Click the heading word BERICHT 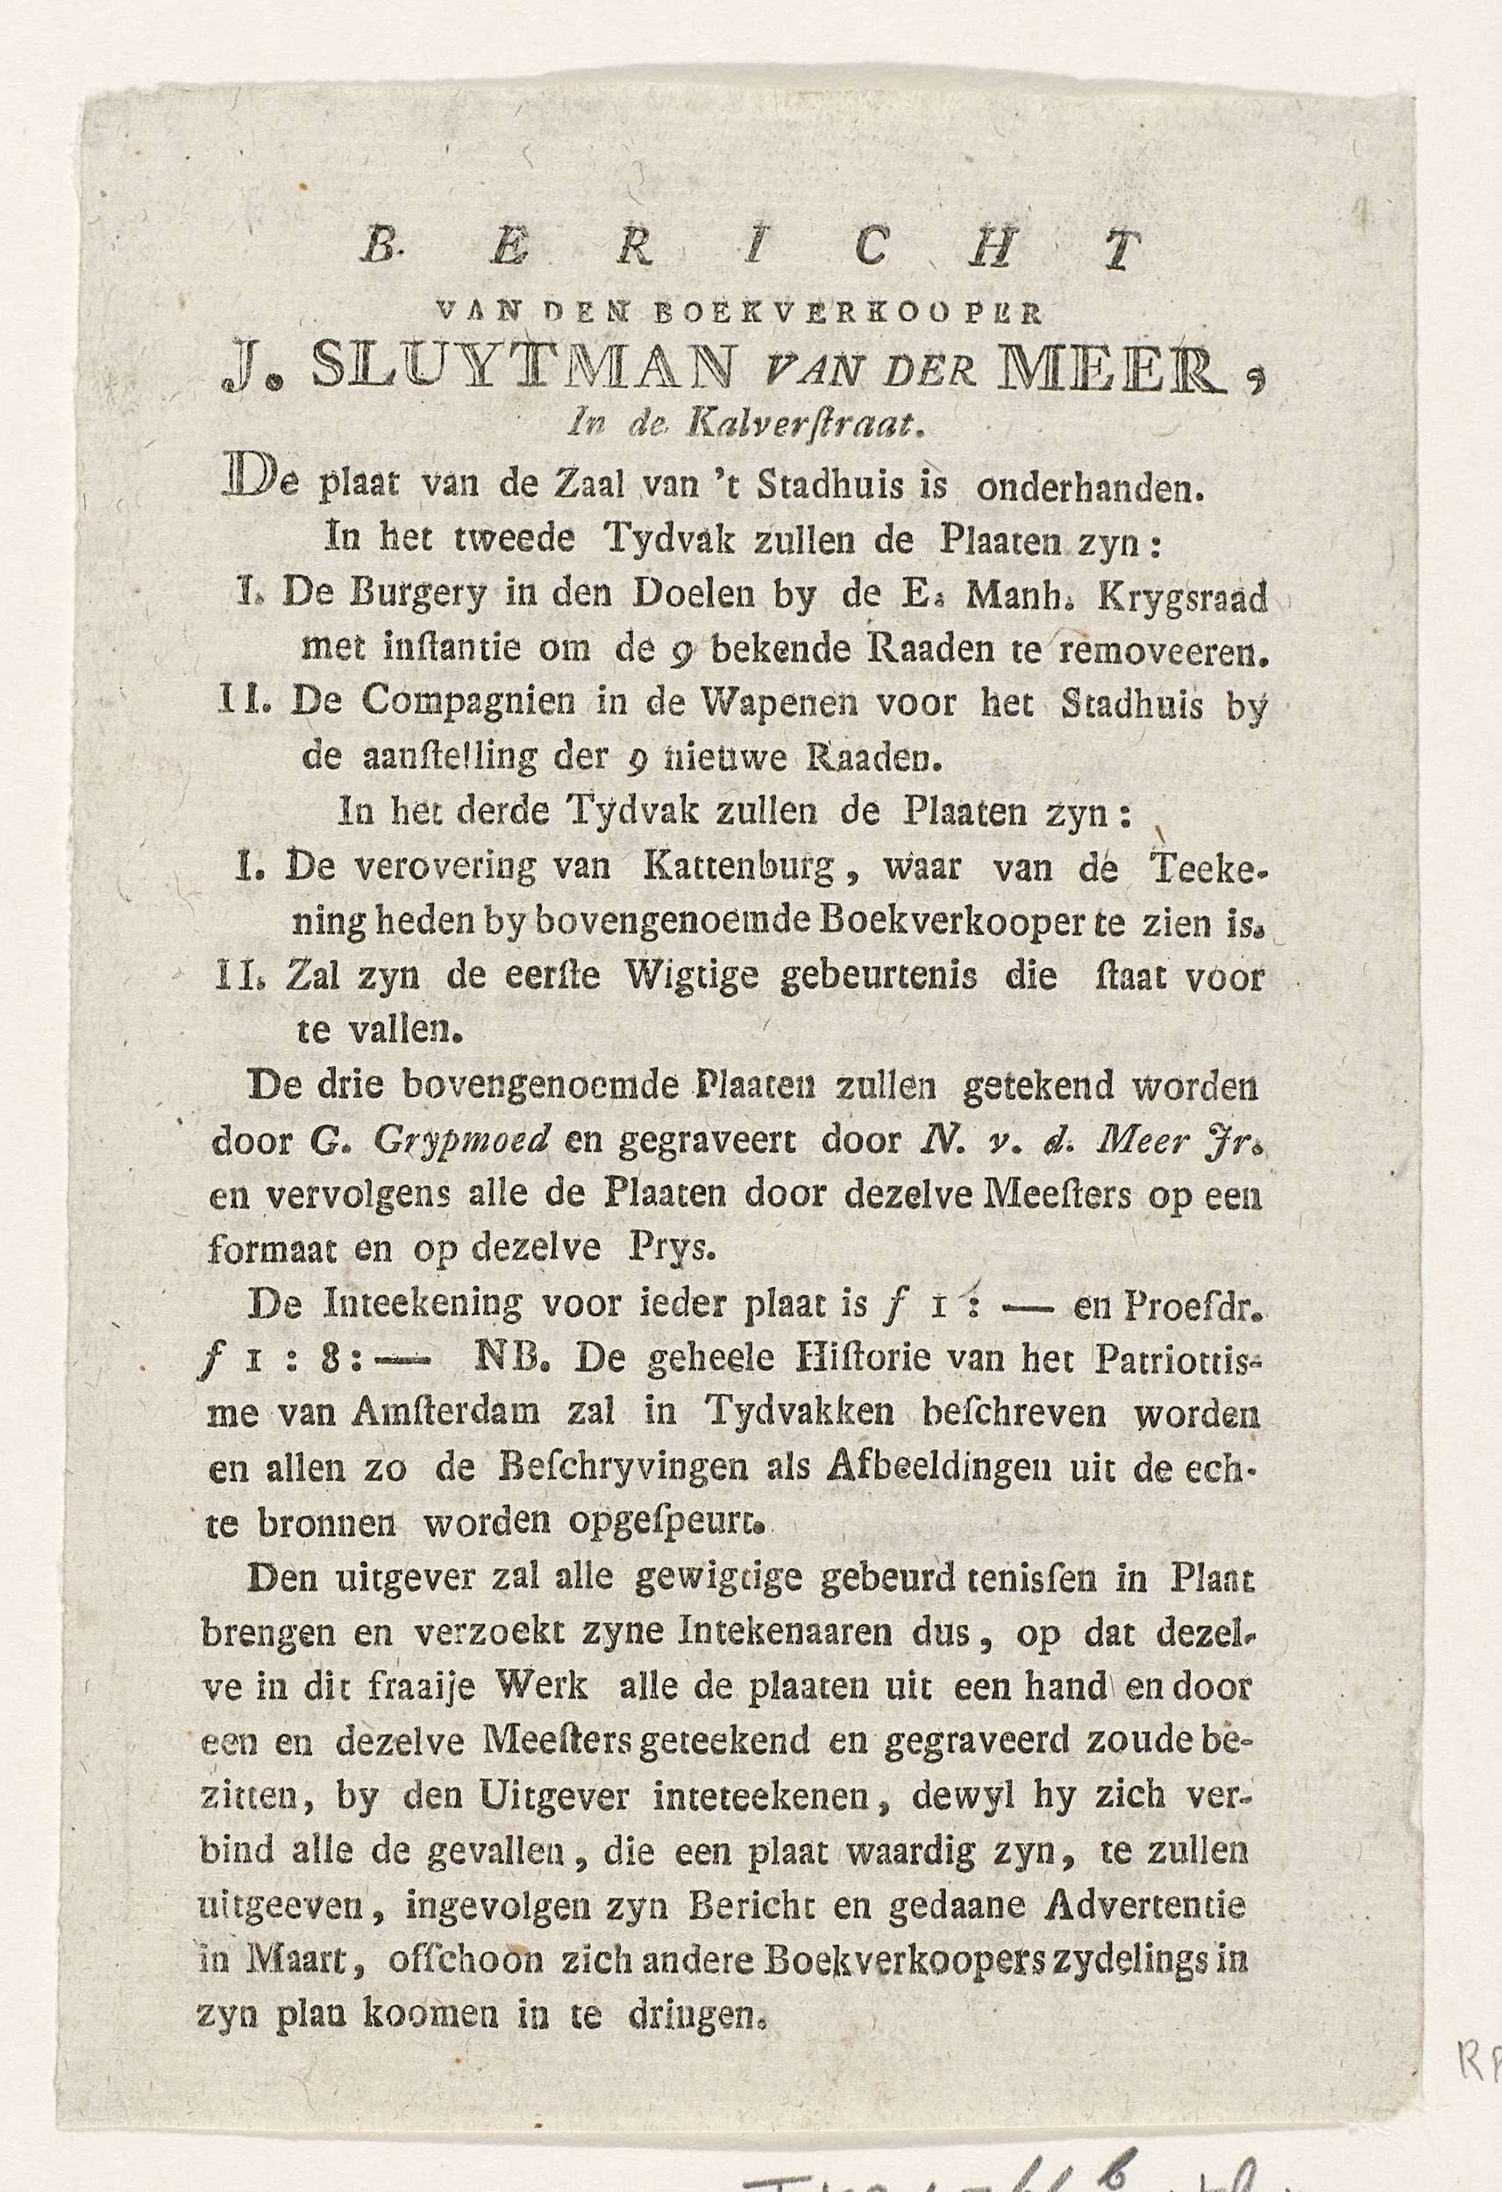pyautogui.click(x=751, y=250)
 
